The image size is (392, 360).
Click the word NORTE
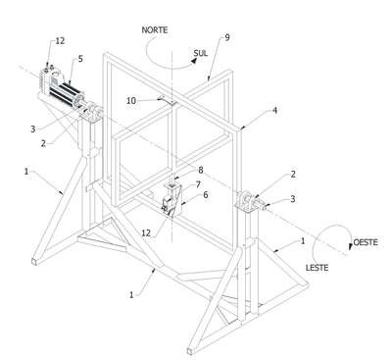pyautogui.click(x=155, y=30)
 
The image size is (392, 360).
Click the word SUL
pyautogui.click(x=201, y=53)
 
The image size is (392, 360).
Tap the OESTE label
pyautogui.click(x=366, y=242)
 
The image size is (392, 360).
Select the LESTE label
pyautogui.click(x=317, y=268)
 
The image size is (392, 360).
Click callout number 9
pyautogui.click(x=227, y=37)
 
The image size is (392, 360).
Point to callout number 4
pyautogui.click(x=275, y=111)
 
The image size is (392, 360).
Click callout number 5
pyautogui.click(x=80, y=59)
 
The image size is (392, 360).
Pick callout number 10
pyautogui.click(x=131, y=101)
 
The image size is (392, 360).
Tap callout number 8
pyautogui.click(x=201, y=170)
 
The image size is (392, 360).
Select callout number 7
pyautogui.click(x=198, y=184)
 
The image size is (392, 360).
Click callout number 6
pyautogui.click(x=205, y=195)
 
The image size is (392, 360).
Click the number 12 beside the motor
pyautogui.click(x=60, y=41)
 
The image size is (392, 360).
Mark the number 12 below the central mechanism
pyautogui.click(x=146, y=232)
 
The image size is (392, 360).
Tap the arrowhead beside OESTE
pyautogui.click(x=351, y=246)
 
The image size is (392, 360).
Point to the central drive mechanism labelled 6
pyautogui.click(x=171, y=200)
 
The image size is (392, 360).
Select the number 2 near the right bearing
pyautogui.click(x=293, y=175)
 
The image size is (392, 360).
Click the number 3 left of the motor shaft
pyautogui.click(x=32, y=129)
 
